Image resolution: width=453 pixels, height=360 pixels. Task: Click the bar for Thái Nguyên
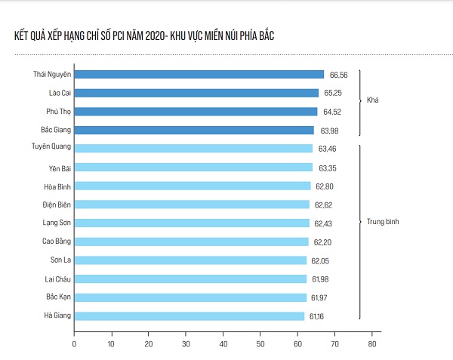pyautogui.click(x=199, y=75)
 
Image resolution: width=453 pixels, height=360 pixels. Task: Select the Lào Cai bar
pyautogui.click(x=196, y=93)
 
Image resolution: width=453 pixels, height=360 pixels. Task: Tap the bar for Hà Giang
pyautogui.click(x=189, y=315)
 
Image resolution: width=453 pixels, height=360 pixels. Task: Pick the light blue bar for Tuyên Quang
pyautogui.click(x=193, y=149)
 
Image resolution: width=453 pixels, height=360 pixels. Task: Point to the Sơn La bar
pyautogui.click(x=190, y=260)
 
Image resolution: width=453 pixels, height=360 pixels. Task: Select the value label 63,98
pyautogui.click(x=327, y=130)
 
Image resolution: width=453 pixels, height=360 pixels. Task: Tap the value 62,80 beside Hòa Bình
pyautogui.click(x=324, y=186)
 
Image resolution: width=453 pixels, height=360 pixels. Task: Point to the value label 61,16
pyautogui.click(x=316, y=315)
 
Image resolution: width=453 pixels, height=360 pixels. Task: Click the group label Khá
pyautogui.click(x=372, y=101)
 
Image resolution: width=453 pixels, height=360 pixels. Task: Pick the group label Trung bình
pyautogui.click(x=382, y=223)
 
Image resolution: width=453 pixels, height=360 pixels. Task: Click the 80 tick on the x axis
pyautogui.click(x=371, y=343)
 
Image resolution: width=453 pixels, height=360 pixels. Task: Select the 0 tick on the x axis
pyautogui.click(x=74, y=343)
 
